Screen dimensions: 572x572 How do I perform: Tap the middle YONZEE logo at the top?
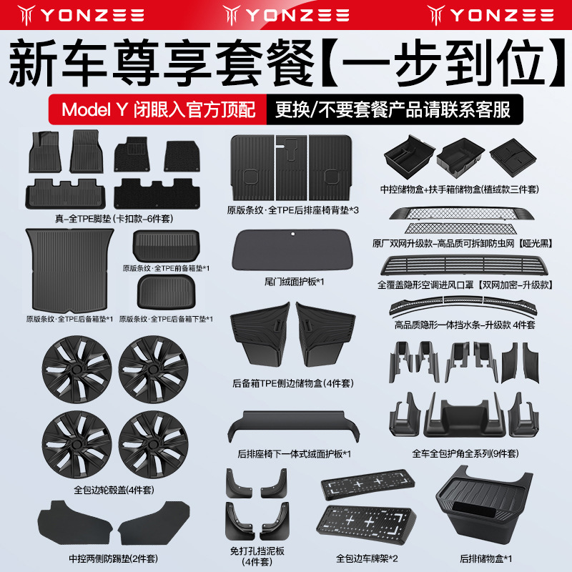(x=286, y=14)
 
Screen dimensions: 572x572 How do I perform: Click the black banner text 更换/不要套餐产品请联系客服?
(x=393, y=110)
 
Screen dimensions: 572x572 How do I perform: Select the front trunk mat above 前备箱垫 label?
(x=164, y=247)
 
